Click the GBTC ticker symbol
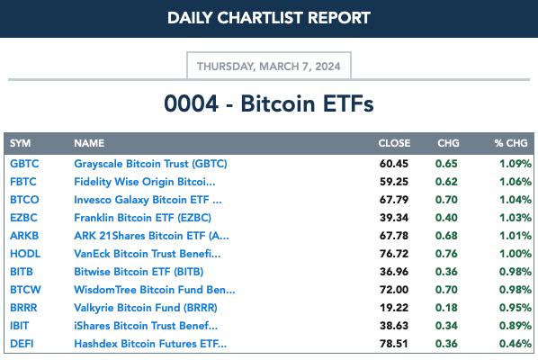[x=24, y=164]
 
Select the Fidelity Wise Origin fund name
[x=145, y=182]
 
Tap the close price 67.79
[x=394, y=200]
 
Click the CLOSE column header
[x=394, y=143]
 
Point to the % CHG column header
[x=511, y=143]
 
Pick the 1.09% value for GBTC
[x=515, y=164]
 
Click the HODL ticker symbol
[x=25, y=254]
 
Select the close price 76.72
[x=394, y=254]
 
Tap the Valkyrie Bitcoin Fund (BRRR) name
[x=146, y=308]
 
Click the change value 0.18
[x=446, y=308]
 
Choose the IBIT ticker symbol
[x=19, y=326]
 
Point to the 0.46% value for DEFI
[x=515, y=344]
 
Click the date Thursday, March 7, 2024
[x=269, y=67]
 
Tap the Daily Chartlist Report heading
[x=269, y=18]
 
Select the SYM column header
[x=21, y=143]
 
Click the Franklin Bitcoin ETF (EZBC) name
[x=142, y=218]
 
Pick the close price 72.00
[x=394, y=290]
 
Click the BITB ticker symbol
[x=22, y=272]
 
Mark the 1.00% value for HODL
[x=515, y=254]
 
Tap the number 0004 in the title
[x=191, y=103]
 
